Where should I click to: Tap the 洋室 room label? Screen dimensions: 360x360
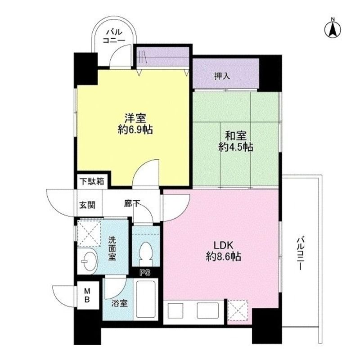click(x=135, y=119)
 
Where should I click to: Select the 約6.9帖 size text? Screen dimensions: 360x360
click(x=135, y=130)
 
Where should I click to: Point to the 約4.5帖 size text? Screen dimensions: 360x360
click(x=236, y=147)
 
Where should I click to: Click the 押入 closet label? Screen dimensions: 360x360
click(x=222, y=76)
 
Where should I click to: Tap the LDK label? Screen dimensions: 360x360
click(x=223, y=245)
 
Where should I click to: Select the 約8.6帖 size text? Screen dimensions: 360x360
click(x=223, y=257)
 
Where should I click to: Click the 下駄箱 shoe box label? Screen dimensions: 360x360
click(x=92, y=182)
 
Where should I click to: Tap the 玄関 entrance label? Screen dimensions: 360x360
click(x=88, y=205)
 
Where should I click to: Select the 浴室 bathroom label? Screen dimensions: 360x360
click(x=119, y=303)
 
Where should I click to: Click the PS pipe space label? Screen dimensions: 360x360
click(x=144, y=272)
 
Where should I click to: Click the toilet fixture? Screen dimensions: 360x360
click(x=146, y=254)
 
